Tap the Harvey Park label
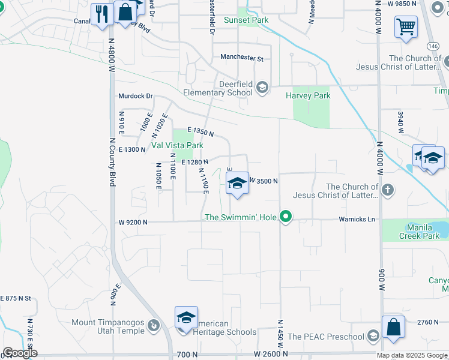coord(308,95)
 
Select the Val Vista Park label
coord(177,145)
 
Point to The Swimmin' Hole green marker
coord(287,217)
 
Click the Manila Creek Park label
coord(420,232)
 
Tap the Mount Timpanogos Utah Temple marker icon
coord(154,326)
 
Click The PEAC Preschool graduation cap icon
coord(373,335)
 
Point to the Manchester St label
coord(242,58)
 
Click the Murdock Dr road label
coord(136,96)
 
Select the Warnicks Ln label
coord(357,220)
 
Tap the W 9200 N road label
coord(133,222)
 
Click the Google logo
coord(20,353)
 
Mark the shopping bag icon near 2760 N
coord(393,327)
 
